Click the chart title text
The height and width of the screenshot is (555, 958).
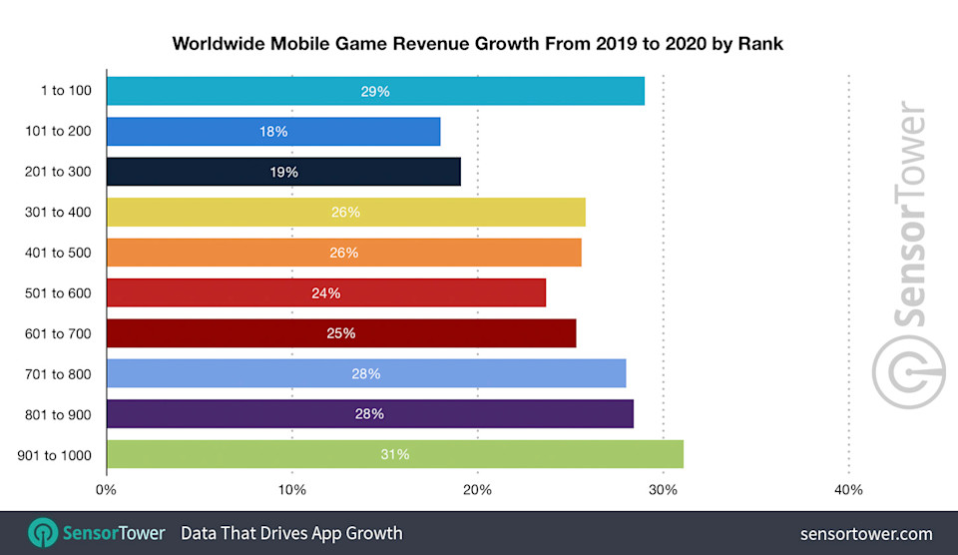point(478,43)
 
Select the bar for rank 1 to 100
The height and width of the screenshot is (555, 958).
point(374,91)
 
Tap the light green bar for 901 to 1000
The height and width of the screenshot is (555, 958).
point(394,454)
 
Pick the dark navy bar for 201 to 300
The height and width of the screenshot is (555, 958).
point(282,172)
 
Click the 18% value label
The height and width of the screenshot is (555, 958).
point(273,132)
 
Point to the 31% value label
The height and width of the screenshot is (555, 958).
point(394,454)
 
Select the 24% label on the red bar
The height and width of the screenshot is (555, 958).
point(326,292)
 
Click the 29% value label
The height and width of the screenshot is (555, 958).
point(375,91)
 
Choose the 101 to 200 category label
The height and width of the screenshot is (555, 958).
point(58,131)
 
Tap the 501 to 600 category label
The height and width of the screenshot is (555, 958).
point(58,292)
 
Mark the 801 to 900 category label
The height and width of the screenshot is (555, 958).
point(58,413)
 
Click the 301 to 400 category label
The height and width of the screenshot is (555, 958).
point(58,212)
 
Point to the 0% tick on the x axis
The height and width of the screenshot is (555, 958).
point(106,490)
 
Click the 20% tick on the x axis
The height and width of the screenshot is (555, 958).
point(477,490)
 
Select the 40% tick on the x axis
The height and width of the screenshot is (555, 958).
point(848,490)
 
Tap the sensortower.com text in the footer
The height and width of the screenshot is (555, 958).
point(866,534)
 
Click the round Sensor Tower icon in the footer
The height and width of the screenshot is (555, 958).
point(43,533)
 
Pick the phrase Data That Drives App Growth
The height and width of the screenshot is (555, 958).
point(291,533)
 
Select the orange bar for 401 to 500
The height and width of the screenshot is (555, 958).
point(343,253)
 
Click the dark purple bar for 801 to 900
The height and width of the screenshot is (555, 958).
point(369,413)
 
